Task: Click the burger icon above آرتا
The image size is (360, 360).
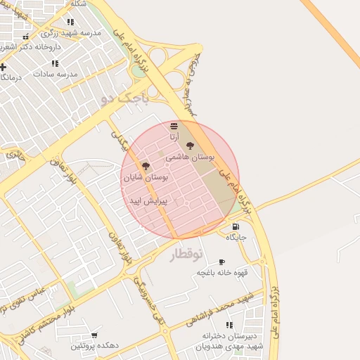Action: click(x=174, y=126)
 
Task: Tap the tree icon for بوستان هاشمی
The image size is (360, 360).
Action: click(x=191, y=146)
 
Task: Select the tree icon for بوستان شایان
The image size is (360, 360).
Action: click(x=146, y=166)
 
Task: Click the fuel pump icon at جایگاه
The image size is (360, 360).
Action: click(x=235, y=226)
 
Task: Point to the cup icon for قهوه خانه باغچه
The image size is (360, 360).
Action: click(x=221, y=262)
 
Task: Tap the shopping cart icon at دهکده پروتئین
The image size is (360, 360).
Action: click(x=94, y=335)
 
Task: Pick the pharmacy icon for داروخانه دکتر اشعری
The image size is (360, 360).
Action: click(x=26, y=37)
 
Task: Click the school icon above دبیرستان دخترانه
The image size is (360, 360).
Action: click(x=229, y=325)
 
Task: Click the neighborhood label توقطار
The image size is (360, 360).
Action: click(x=186, y=254)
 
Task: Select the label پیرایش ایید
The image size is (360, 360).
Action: click(x=146, y=201)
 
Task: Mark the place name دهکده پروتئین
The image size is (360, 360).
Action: click(x=96, y=346)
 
